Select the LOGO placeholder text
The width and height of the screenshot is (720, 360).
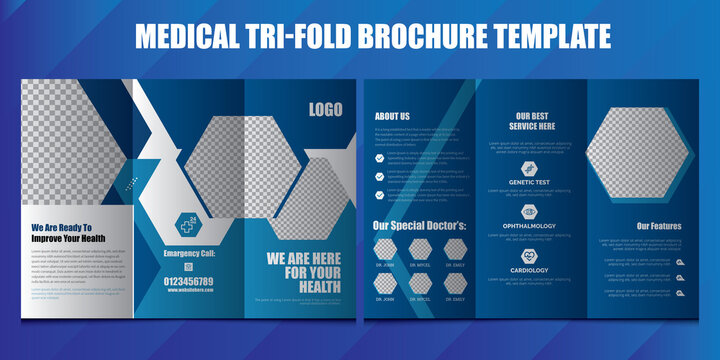(325, 110)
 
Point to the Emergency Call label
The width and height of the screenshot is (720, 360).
(187, 253)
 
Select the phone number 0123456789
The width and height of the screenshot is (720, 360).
(187, 282)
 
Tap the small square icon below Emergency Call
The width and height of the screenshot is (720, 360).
(187, 267)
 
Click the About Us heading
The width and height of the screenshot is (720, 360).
(392, 116)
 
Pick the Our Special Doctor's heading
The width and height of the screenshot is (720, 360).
(419, 225)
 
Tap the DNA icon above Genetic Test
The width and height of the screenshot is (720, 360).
(528, 169)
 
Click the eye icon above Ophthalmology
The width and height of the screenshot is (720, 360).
(528, 212)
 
